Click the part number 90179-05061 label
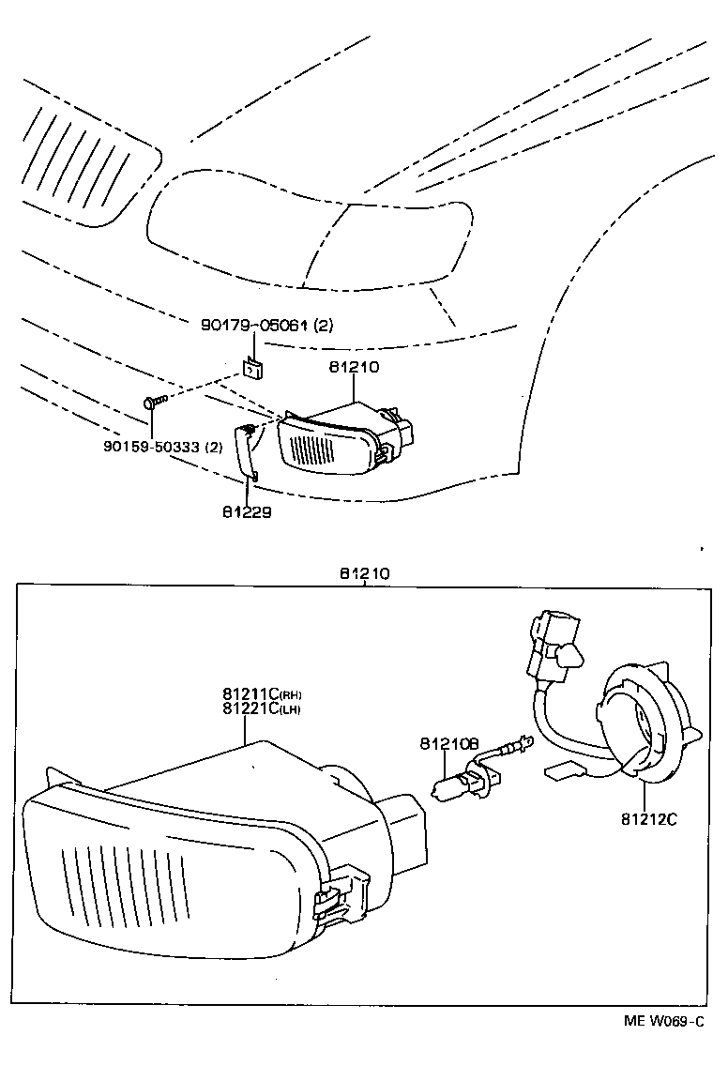(x=267, y=325)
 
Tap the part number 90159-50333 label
(x=163, y=447)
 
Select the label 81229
(x=247, y=511)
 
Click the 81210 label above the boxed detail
(x=365, y=572)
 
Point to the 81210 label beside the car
(x=354, y=367)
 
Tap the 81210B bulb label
(x=449, y=744)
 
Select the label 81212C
(x=648, y=818)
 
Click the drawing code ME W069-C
(x=663, y=1021)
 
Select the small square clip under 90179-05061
(x=251, y=368)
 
